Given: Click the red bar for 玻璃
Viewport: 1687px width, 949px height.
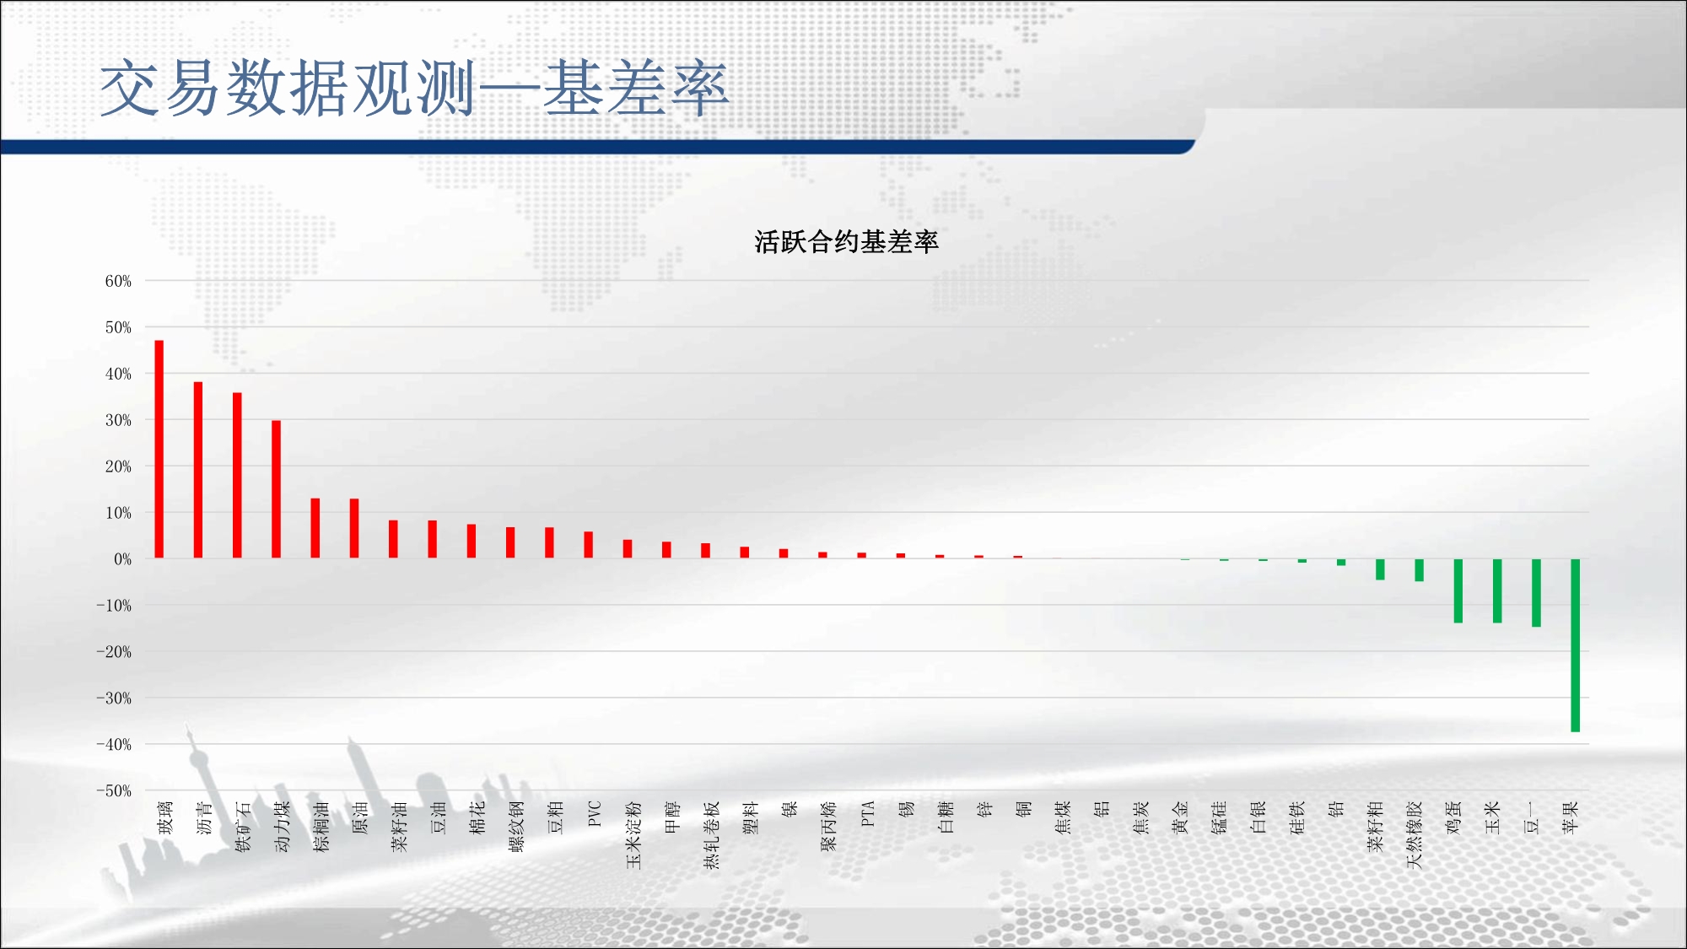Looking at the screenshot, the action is pyautogui.click(x=159, y=449).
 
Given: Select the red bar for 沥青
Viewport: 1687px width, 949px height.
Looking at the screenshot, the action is pyautogui.click(x=198, y=470).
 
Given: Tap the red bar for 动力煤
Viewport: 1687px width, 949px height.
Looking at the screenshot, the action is pyautogui.click(x=276, y=489).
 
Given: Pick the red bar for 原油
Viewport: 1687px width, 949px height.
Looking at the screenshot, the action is pyautogui.click(x=354, y=528).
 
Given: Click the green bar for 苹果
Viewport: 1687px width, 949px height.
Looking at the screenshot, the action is pyautogui.click(x=1575, y=645).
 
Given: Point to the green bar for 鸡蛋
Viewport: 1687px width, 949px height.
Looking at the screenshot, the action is pyautogui.click(x=1458, y=590).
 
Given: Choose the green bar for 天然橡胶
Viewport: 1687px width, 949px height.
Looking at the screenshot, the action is pyautogui.click(x=1419, y=570).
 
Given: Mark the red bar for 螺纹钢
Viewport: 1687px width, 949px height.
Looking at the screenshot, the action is pyautogui.click(x=510, y=542).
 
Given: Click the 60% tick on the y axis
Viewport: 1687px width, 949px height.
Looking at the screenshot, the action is pyautogui.click(x=118, y=281).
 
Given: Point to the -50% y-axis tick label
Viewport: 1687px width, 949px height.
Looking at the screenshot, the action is pyautogui.click(x=114, y=791).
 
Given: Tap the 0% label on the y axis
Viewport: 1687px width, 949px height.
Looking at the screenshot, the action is pyautogui.click(x=123, y=559).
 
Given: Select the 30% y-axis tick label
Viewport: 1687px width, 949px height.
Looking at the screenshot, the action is pyautogui.click(x=118, y=420).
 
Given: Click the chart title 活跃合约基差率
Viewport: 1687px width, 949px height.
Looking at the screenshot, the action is pyautogui.click(x=846, y=242).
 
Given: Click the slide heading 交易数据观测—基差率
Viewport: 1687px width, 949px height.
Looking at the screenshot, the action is pyautogui.click(x=414, y=89).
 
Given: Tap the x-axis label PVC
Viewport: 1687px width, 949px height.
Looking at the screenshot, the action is pyautogui.click(x=594, y=814).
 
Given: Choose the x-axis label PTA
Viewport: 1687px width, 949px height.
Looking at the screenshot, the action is pyautogui.click(x=867, y=814).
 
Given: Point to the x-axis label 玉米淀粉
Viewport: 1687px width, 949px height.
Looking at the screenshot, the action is pyautogui.click(x=633, y=835).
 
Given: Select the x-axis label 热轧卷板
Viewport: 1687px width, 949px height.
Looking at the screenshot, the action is pyautogui.click(x=711, y=835).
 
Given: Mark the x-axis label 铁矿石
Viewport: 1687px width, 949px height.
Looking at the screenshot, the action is pyautogui.click(x=243, y=827).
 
